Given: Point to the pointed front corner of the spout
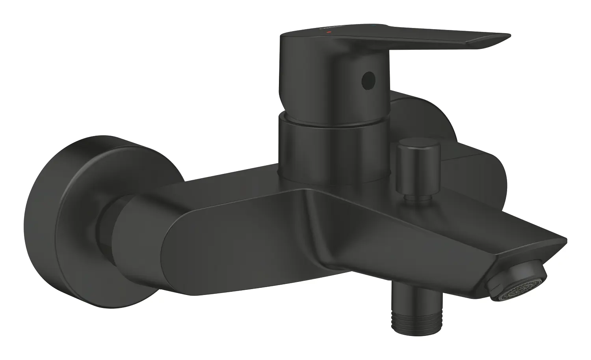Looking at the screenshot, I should point(563,241).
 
